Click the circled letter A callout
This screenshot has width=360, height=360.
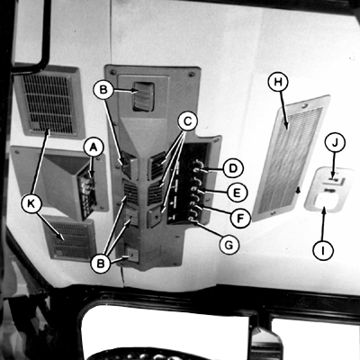coord(94,147)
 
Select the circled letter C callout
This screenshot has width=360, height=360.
coord(187,121)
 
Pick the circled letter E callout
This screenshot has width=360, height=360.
coord(237,193)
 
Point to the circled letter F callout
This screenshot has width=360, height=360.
coord(240,218)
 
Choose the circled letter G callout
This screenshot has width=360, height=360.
coord(229,245)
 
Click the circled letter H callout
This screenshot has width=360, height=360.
coord(278,82)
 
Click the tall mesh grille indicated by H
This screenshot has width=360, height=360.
coord(290,157)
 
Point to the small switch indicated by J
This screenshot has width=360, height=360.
coord(334,180)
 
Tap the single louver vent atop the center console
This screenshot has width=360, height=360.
coord(143,96)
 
